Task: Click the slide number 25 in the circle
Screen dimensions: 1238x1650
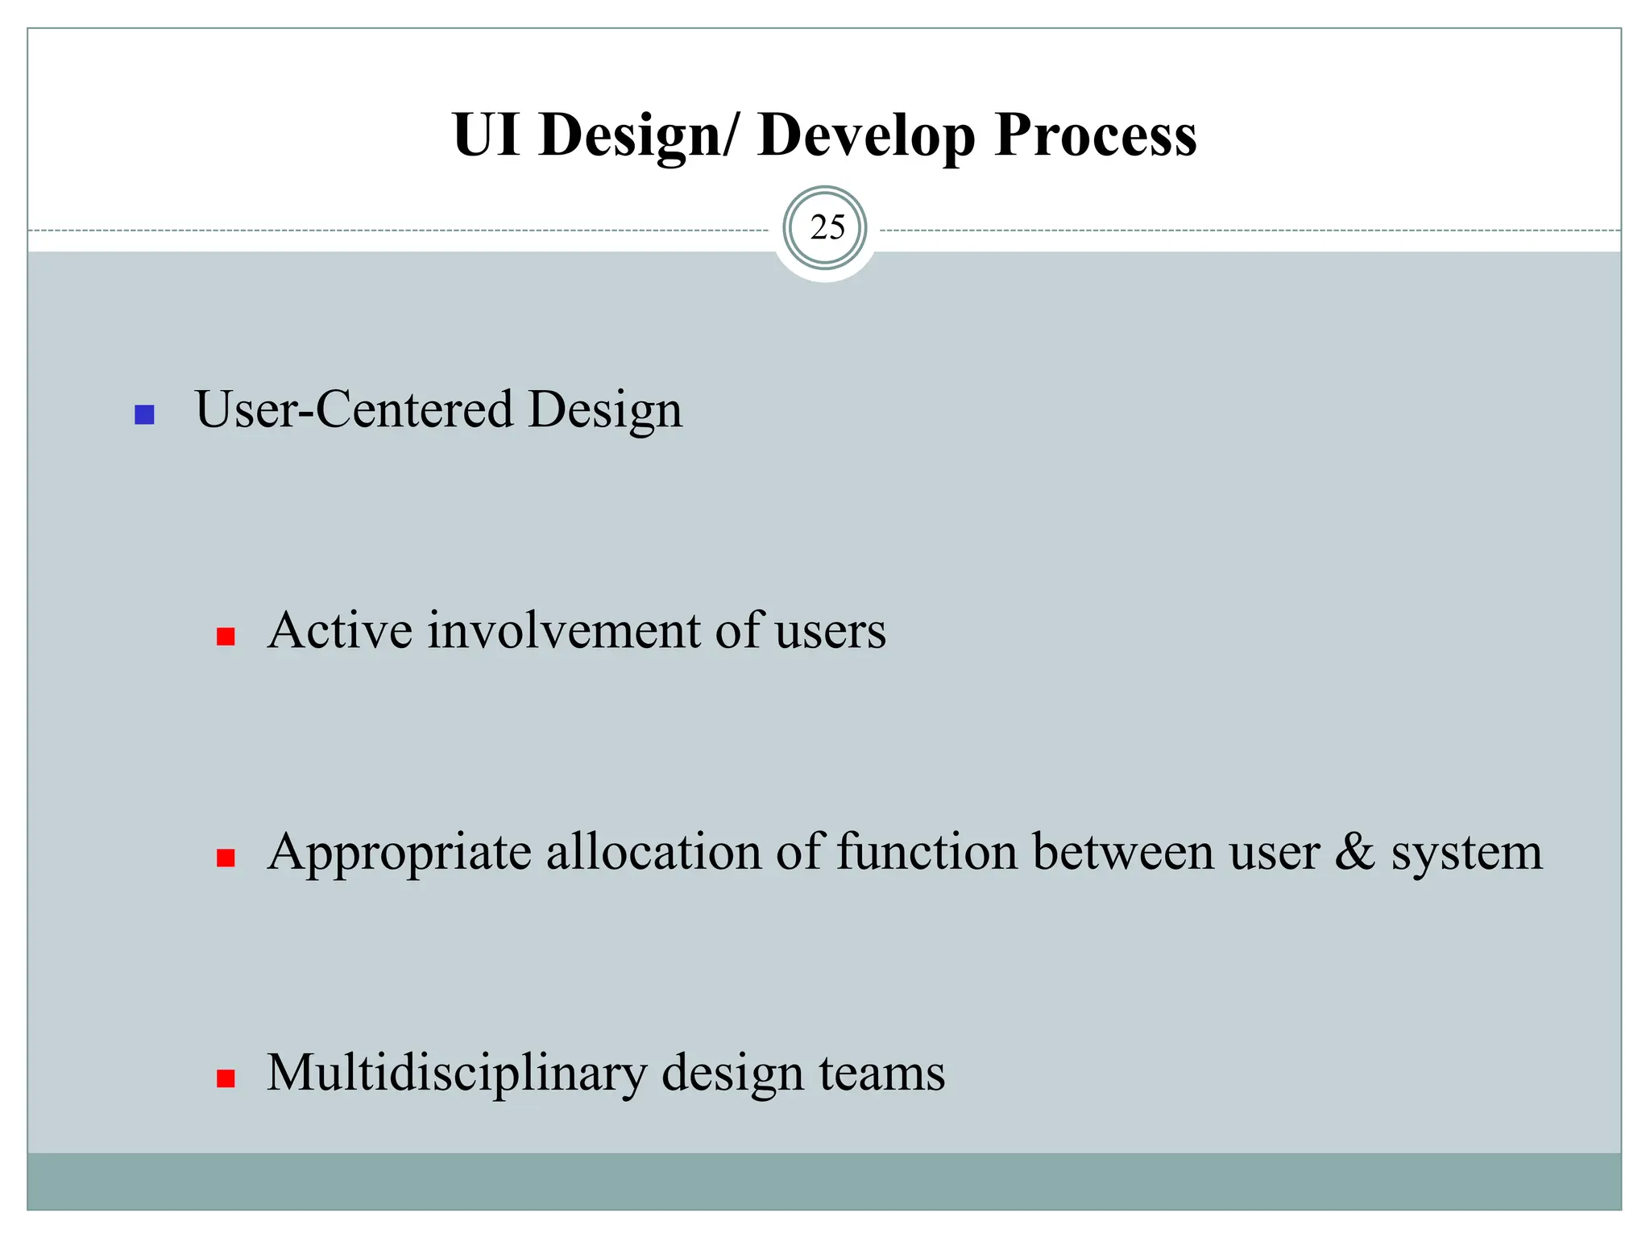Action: tap(827, 228)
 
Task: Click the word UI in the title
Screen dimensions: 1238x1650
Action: tap(486, 135)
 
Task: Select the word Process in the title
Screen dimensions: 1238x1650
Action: tap(1095, 135)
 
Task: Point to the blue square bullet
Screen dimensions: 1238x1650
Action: tap(144, 415)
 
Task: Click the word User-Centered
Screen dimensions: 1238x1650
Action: tap(354, 409)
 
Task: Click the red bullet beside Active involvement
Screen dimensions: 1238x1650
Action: tap(226, 638)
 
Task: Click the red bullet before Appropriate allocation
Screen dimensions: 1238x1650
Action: tap(226, 858)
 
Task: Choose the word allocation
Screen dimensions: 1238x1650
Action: tap(653, 852)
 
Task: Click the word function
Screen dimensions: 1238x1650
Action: tap(927, 852)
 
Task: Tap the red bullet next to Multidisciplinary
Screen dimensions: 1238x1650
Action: tap(226, 1079)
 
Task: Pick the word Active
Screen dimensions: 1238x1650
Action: tap(339, 630)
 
